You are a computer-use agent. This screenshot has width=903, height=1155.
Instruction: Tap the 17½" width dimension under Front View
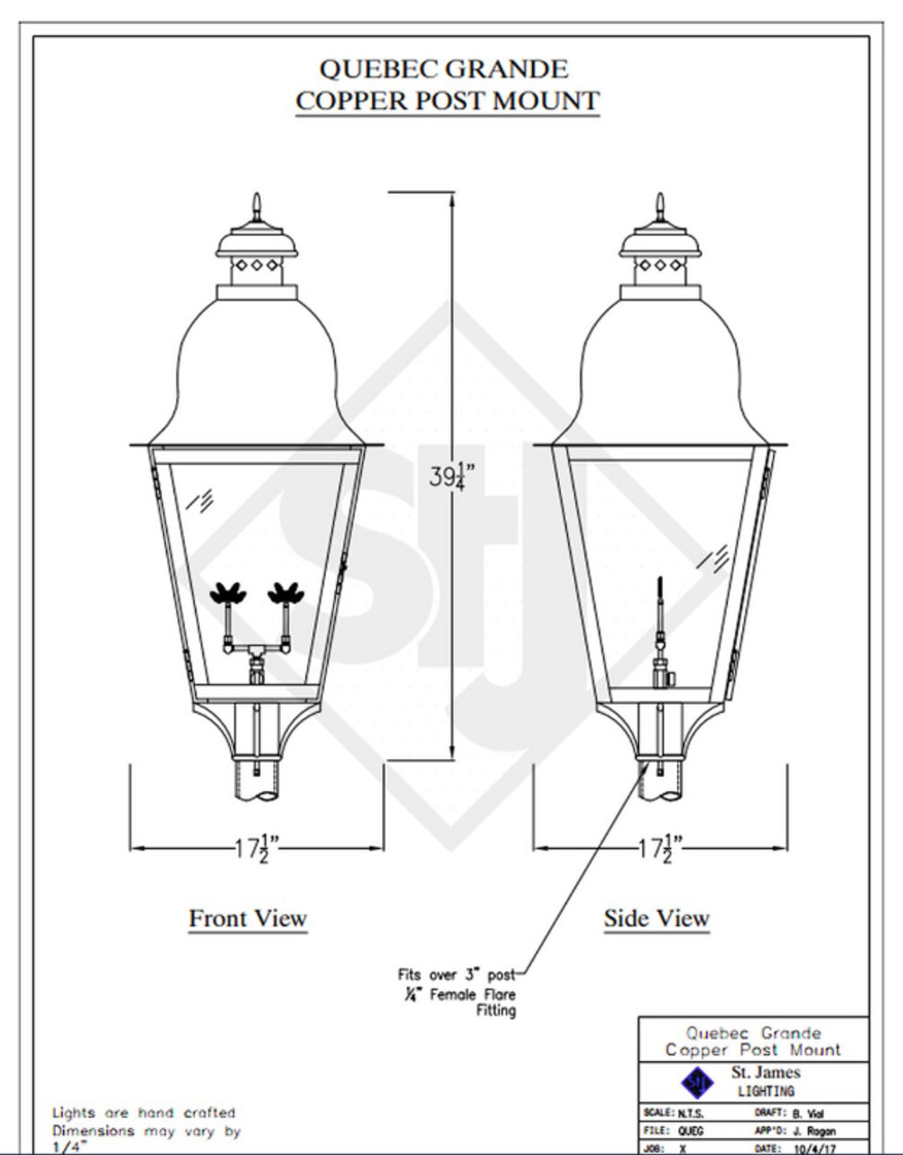tap(256, 847)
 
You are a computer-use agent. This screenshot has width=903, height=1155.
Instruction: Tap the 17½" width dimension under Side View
tap(659, 847)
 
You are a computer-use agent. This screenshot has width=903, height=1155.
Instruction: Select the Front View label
tap(247, 919)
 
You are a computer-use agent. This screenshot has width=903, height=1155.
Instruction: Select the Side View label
tap(656, 919)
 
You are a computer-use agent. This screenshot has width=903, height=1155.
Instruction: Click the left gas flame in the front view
tap(227, 594)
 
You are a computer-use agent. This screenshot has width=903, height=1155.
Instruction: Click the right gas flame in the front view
tap(286, 594)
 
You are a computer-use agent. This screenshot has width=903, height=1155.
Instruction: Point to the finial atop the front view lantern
tap(257, 206)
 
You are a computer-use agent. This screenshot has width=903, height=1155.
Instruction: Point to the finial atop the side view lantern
tap(661, 206)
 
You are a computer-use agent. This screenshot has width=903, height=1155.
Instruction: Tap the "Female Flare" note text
tap(476, 994)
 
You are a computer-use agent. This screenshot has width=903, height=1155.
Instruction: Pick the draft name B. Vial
tap(808, 1113)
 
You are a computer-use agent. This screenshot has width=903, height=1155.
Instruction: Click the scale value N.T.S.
tap(691, 1113)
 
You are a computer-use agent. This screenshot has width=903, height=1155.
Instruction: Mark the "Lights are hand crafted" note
tap(144, 1113)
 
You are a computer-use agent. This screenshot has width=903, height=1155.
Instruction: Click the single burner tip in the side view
tap(661, 587)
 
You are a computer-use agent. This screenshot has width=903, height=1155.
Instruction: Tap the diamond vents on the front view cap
tap(257, 266)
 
